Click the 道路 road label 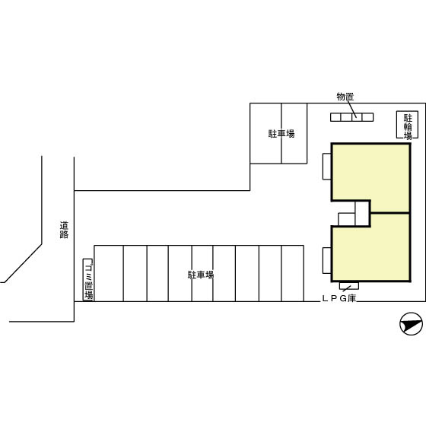64,230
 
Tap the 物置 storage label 345,97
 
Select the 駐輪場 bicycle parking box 407,125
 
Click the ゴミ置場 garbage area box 87,280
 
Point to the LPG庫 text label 339,298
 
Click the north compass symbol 412,323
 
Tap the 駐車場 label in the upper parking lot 281,134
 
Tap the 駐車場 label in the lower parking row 201,275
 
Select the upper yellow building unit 371,178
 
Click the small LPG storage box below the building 349,286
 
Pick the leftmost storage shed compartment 335,117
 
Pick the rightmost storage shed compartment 368,117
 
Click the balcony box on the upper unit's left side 327,167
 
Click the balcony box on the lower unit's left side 327,260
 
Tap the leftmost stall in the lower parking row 109,273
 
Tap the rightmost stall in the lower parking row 293,273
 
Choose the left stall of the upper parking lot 265,133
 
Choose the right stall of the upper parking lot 294,133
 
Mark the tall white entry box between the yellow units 362,214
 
